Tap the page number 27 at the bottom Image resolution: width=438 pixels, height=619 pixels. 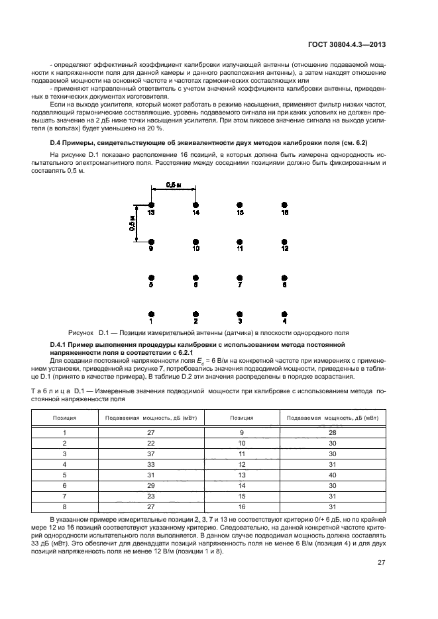(x=382, y=563)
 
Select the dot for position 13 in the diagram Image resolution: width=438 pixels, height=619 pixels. (x=152, y=206)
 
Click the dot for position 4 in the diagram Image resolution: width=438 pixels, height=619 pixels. (x=284, y=314)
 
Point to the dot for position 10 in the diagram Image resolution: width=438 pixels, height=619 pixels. (x=195, y=242)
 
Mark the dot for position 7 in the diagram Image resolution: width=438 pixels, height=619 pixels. (x=240, y=278)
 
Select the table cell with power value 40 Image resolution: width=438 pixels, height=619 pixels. (x=333, y=475)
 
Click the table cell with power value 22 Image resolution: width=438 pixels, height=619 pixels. (x=151, y=442)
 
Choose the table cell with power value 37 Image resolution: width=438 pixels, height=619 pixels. (x=151, y=453)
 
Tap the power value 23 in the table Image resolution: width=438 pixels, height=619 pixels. (x=151, y=496)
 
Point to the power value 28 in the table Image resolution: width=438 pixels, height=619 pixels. (x=333, y=432)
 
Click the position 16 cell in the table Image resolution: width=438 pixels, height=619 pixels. (x=242, y=506)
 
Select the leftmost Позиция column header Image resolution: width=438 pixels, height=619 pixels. (x=64, y=418)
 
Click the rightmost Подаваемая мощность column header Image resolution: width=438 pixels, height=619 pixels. (x=333, y=418)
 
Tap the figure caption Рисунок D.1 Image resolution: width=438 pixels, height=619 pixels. (x=209, y=332)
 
